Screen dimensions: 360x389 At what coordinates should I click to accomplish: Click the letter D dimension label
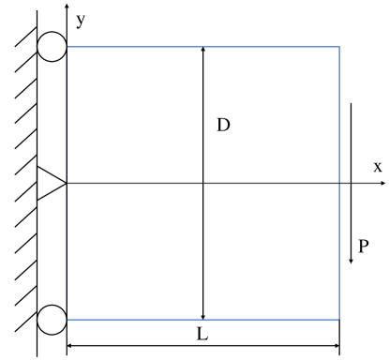(x=223, y=125)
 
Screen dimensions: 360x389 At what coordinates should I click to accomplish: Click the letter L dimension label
(x=203, y=334)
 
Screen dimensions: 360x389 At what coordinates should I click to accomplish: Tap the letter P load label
(x=363, y=247)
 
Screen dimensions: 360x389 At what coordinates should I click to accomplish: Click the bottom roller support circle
(x=52, y=320)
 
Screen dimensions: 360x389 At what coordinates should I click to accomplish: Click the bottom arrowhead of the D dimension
(x=202, y=315)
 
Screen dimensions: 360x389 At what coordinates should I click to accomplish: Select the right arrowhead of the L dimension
(x=335, y=349)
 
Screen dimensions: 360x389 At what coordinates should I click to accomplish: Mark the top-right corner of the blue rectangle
(x=339, y=47)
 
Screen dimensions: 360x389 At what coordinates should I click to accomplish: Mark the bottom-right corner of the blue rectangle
(x=339, y=320)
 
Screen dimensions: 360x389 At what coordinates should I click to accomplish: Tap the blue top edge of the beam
(x=141, y=47)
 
